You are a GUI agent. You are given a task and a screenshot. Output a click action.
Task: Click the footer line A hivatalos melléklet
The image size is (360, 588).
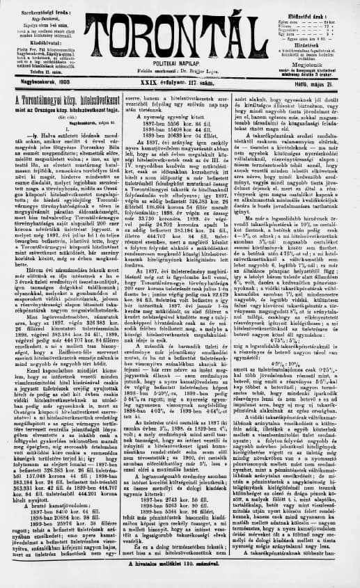point(180,580)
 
